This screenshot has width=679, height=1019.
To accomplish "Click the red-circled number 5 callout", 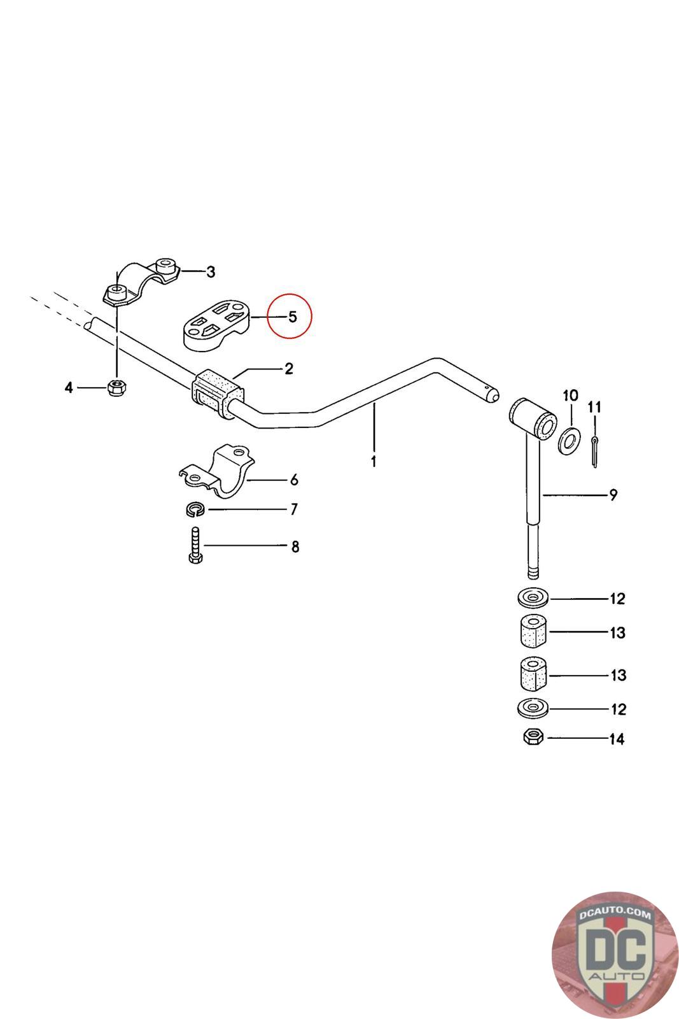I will click(x=291, y=316).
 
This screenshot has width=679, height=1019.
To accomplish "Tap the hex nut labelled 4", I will click(x=116, y=387).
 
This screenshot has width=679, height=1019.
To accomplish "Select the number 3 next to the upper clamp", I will click(x=210, y=272).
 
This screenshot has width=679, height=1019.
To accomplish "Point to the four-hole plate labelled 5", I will click(x=215, y=324).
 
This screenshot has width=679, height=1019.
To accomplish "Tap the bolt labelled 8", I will click(x=195, y=545).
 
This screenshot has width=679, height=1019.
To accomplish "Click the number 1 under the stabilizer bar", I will click(x=374, y=461).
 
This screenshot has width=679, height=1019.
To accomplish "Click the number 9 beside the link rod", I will click(x=613, y=494).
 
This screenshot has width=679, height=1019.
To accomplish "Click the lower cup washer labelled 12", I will click(x=533, y=708).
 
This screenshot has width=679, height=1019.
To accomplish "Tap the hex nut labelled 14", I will click(x=533, y=738).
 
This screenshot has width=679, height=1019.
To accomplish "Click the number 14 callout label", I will click(x=616, y=739).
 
